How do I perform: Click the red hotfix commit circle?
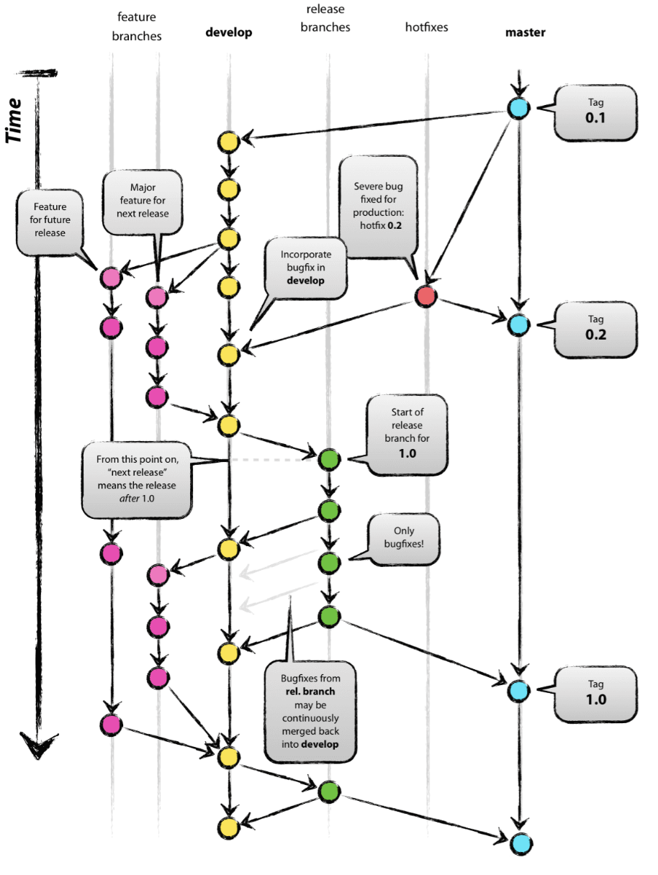click(x=426, y=296)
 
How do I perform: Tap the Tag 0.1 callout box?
click(x=595, y=112)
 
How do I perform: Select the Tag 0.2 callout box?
click(x=595, y=330)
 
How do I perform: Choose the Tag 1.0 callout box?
click(x=595, y=694)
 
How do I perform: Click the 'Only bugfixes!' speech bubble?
click(x=404, y=540)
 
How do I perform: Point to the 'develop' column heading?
click(x=229, y=32)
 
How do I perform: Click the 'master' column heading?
click(x=526, y=32)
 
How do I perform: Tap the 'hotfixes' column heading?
click(x=426, y=27)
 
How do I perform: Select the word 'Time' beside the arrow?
click(x=14, y=120)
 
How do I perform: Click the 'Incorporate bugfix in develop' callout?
click(x=305, y=268)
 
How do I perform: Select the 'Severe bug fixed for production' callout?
click(x=378, y=207)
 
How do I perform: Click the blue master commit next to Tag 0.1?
click(x=518, y=108)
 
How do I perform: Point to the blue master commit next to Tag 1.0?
click(x=518, y=691)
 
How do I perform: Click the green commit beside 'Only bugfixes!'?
click(x=329, y=563)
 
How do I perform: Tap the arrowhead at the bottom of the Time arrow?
click(x=38, y=745)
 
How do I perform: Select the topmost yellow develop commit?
click(x=228, y=142)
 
